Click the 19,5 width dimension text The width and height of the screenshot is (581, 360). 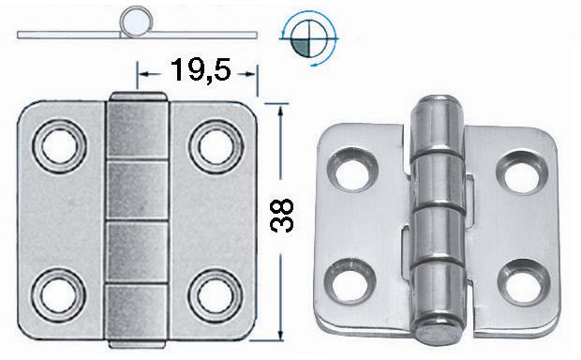(201, 70)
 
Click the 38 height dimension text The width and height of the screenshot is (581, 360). (282, 216)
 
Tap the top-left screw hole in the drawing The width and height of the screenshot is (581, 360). (59, 146)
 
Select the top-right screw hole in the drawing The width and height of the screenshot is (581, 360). (216, 146)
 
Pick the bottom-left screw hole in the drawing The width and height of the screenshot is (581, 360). (59, 295)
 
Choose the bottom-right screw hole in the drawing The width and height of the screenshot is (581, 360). (216, 295)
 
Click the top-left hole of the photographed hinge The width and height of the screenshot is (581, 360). (352, 170)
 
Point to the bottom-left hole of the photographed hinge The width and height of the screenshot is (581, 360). (349, 282)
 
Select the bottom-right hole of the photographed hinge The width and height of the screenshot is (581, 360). (524, 283)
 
